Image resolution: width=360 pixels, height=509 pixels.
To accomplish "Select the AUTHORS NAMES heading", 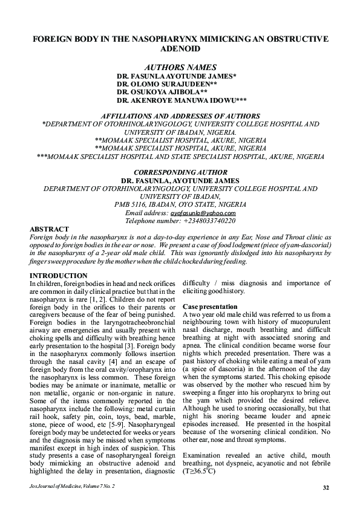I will pos(180,67).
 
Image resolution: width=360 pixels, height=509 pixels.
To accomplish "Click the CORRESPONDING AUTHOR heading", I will pos(180,172).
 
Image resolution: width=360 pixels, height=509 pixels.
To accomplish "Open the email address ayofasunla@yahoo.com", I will pos(203,213).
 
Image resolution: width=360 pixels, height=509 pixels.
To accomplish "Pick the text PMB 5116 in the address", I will pos(129,204).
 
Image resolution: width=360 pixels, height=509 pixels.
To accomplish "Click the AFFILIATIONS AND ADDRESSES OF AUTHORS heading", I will pos(180,115).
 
